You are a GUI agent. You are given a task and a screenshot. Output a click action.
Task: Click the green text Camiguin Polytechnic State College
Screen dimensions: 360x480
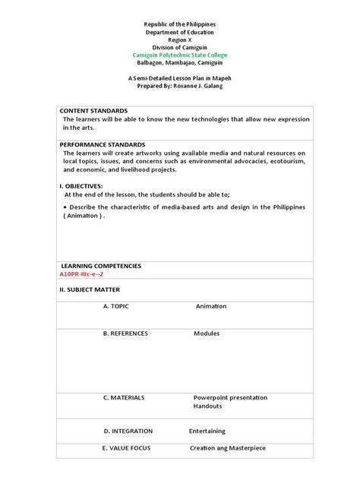(x=179, y=55)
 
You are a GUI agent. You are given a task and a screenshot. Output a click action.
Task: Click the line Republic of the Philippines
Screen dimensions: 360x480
(x=179, y=25)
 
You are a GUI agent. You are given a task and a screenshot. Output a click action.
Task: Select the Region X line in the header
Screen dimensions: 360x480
(x=179, y=40)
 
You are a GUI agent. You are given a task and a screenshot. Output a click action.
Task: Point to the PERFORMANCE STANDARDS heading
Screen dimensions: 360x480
(x=103, y=144)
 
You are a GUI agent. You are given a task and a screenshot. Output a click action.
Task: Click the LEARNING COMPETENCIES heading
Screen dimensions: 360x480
(x=101, y=266)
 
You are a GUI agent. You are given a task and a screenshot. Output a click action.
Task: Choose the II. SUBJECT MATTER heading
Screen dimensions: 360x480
(x=90, y=289)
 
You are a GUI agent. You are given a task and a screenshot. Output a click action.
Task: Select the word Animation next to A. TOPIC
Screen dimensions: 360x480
(x=211, y=306)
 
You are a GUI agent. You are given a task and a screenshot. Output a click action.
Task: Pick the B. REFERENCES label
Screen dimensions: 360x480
(x=125, y=333)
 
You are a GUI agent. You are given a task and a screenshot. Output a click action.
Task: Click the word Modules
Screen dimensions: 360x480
(x=207, y=333)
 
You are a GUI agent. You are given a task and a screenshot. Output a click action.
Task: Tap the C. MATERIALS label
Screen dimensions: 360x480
(x=124, y=397)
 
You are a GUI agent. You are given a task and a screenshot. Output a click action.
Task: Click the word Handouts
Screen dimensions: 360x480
(x=208, y=406)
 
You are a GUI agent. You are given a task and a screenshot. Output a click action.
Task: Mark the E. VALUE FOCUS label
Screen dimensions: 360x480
(x=127, y=448)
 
